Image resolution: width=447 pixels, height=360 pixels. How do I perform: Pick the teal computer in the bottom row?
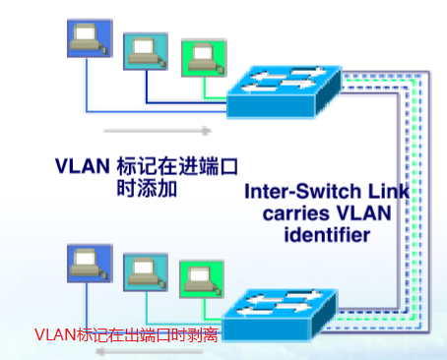(143, 272)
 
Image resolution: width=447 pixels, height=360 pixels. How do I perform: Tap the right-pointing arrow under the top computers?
(158, 129)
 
